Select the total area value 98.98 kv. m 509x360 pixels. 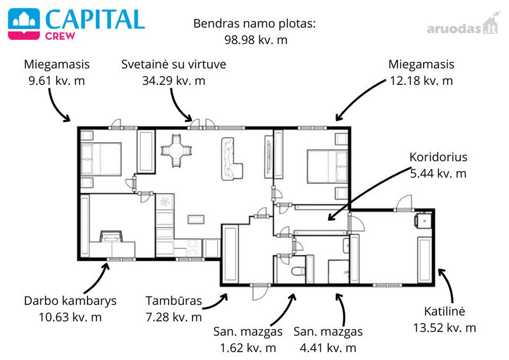click(x=256, y=40)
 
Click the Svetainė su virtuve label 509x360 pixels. click(x=173, y=64)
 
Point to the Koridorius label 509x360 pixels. click(x=438, y=157)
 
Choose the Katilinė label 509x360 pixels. click(x=445, y=311)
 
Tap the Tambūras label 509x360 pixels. click(x=173, y=301)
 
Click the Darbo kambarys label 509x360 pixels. click(x=70, y=301)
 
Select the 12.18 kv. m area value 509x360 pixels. click(x=421, y=81)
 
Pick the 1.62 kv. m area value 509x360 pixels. click(x=248, y=348)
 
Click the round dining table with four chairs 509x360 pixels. click(x=176, y=151)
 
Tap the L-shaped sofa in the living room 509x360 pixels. click(x=232, y=159)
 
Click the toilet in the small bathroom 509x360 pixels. click(x=298, y=271)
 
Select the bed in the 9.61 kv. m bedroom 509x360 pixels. click(x=101, y=159)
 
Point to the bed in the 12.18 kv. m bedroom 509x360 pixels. click(x=327, y=166)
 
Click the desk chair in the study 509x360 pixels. click(x=111, y=237)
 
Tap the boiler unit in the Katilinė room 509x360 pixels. click(x=423, y=220)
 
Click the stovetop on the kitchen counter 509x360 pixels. click(x=193, y=248)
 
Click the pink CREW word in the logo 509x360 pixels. click(x=60, y=36)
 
